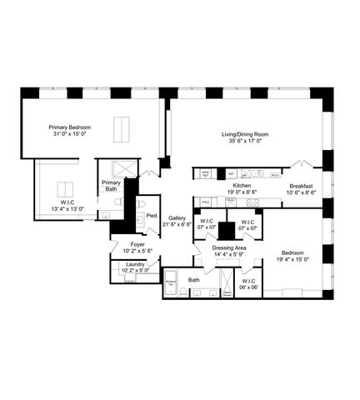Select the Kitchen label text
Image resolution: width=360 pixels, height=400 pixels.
point(242,186)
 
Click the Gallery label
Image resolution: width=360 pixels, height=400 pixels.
point(177,217)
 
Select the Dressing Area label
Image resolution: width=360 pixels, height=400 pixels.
point(228,247)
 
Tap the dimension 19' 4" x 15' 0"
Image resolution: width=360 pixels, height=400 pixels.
point(292,259)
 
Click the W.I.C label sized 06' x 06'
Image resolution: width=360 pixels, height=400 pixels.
point(249,282)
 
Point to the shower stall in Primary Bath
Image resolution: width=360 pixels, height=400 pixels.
point(123,167)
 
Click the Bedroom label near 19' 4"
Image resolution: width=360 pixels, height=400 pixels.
point(292,252)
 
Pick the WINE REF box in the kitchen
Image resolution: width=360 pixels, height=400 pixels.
point(205,173)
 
